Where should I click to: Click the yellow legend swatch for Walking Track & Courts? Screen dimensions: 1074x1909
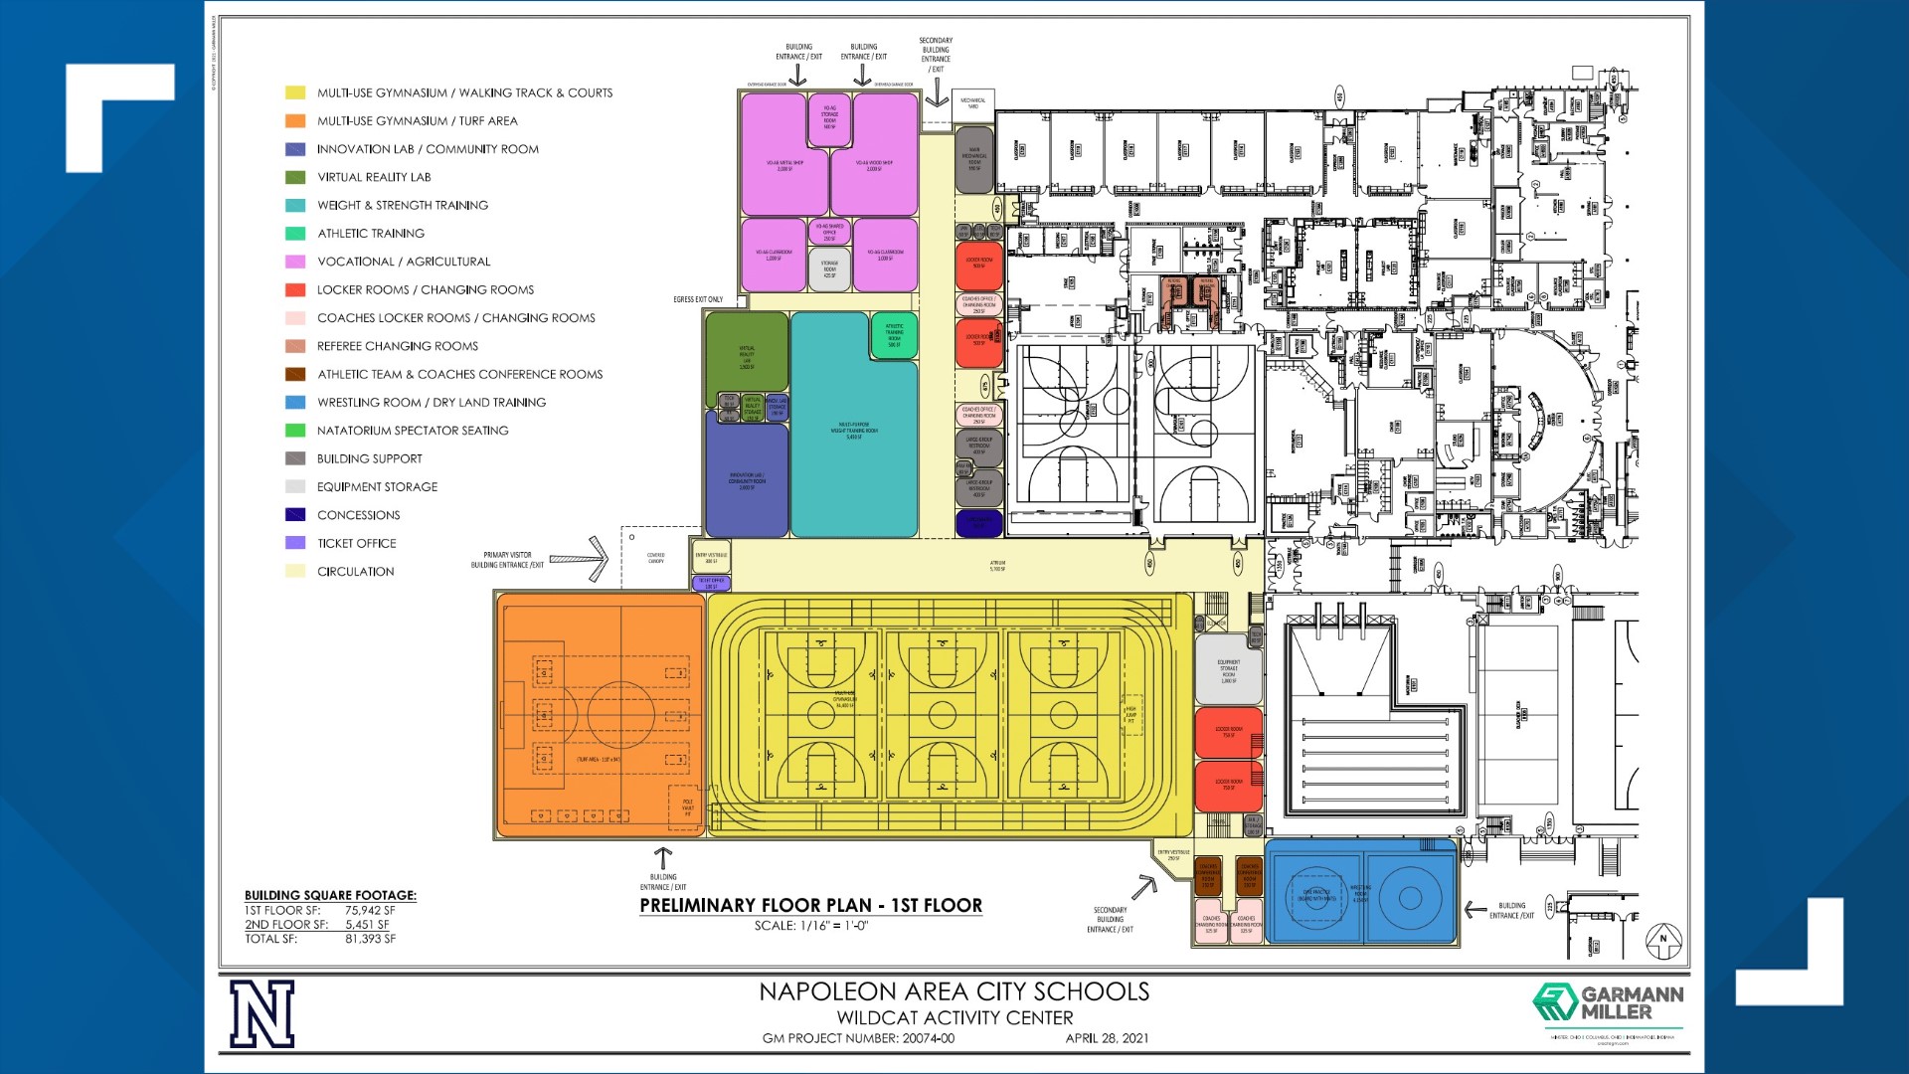pyautogui.click(x=295, y=92)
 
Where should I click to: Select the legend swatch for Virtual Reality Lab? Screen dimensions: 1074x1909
pyautogui.click(x=295, y=177)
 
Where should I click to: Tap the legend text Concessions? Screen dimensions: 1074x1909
pyautogui.click(x=358, y=515)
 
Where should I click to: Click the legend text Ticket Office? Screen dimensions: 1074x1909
pyautogui.click(x=356, y=543)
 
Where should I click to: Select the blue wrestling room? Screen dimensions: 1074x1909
pyautogui.click(x=1359, y=892)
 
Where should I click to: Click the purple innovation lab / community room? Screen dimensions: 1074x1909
pyautogui.click(x=746, y=477)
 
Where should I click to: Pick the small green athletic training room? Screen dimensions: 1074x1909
pyautogui.click(x=894, y=336)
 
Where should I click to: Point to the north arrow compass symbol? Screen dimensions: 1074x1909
pyautogui.click(x=1662, y=940)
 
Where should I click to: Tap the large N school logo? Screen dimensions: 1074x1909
pyautogui.click(x=262, y=1013)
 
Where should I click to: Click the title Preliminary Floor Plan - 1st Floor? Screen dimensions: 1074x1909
pyautogui.click(x=810, y=906)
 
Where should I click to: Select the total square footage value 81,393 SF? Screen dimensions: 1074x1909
pyautogui.click(x=370, y=939)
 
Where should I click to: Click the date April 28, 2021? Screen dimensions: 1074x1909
pyautogui.click(x=1107, y=1038)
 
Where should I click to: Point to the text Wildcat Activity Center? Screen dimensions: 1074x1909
pyautogui.click(x=954, y=1017)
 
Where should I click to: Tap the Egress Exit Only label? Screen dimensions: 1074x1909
pyautogui.click(x=698, y=299)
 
